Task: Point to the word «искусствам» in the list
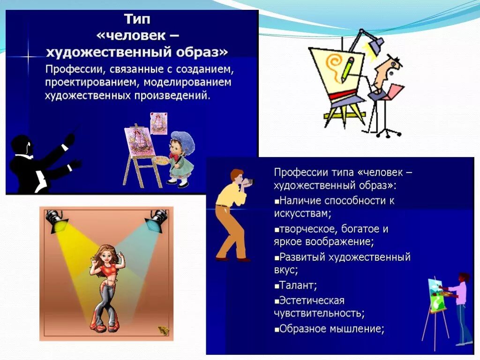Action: tap(302, 213)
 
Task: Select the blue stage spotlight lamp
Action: tap(156, 220)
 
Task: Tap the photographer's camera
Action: tap(248, 181)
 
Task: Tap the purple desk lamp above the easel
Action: tap(375, 45)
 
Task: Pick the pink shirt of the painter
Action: tap(460, 293)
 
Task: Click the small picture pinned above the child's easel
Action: tap(158, 123)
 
